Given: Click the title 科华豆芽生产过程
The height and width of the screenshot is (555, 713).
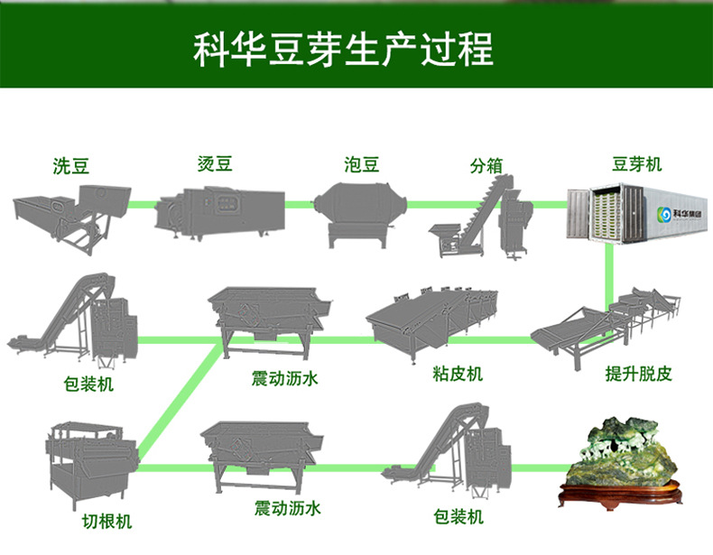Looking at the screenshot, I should coord(344,50).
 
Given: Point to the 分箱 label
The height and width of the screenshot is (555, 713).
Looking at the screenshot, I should coord(485,166).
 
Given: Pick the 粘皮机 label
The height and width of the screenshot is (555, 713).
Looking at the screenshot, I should coord(458,373).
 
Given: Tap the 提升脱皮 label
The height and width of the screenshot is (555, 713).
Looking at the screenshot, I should coord(638,374).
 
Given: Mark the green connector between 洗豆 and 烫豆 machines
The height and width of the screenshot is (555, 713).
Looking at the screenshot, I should coord(142,205).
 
